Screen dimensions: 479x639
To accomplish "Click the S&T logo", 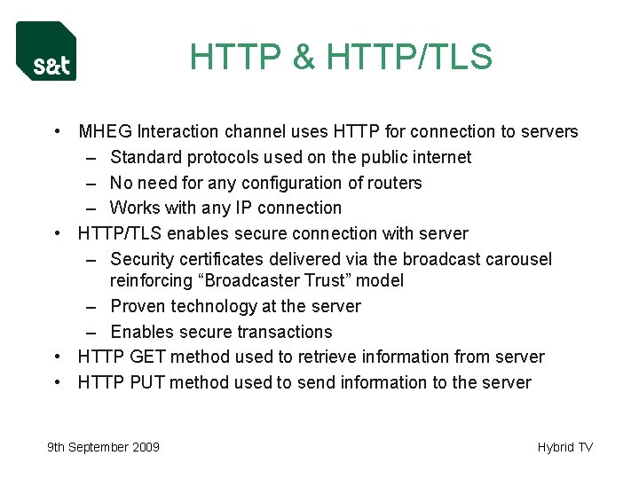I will coord(46,51).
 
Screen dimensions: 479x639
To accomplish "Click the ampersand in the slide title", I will coord(304,58).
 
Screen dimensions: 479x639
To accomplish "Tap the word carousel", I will coord(519,259).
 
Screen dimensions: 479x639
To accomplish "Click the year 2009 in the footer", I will coord(145,447).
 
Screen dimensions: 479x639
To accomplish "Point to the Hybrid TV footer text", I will coord(564,447).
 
